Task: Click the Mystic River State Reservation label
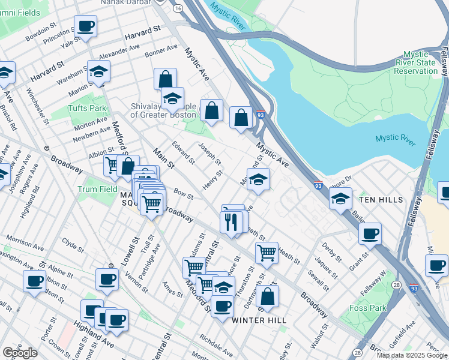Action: coord(415,62)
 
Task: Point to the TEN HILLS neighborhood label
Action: coord(380,199)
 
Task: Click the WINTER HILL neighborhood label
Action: coord(259,320)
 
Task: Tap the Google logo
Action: coord(20,353)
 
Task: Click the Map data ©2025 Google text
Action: coord(412,356)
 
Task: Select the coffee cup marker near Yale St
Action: coord(85,26)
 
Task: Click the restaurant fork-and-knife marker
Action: coord(231,222)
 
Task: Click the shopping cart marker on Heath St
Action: coord(267,251)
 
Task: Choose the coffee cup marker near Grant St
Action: coord(370,233)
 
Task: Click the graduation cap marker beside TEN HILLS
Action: coord(340,197)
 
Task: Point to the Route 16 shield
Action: coord(178,9)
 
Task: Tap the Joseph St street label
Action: coord(210,154)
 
